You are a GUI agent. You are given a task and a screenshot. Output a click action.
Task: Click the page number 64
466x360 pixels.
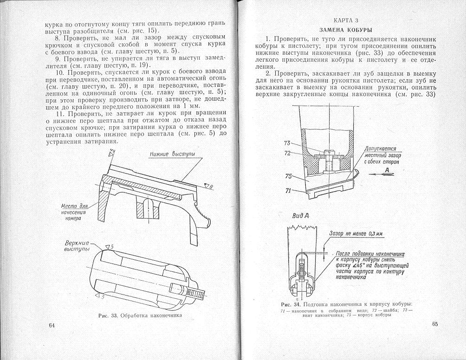pyautogui.click(x=52, y=325)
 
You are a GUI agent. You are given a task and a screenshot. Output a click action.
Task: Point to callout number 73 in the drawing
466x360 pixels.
pyautogui.click(x=287, y=143)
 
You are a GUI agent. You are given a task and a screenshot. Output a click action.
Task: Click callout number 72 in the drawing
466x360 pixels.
pyautogui.click(x=287, y=153)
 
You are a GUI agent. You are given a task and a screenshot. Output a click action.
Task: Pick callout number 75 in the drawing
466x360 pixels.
pyautogui.click(x=288, y=176)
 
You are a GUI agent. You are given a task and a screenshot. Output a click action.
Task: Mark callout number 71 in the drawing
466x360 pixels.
pyautogui.click(x=288, y=190)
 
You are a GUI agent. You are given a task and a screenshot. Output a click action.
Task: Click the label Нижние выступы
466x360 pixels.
pyautogui.click(x=172, y=154)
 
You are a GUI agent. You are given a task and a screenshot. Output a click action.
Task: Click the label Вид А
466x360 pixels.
pyautogui.click(x=301, y=216)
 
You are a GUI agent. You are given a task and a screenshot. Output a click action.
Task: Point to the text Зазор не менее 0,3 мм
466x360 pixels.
pyautogui.click(x=356, y=234)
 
